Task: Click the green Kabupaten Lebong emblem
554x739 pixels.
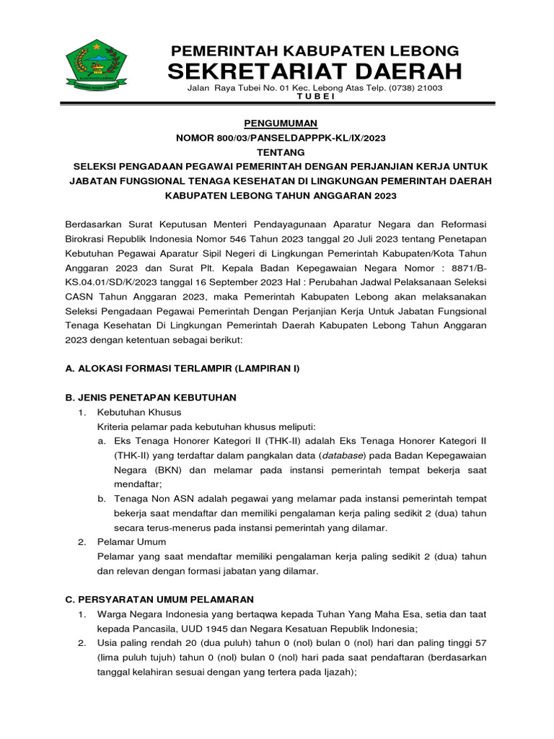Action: click(97, 66)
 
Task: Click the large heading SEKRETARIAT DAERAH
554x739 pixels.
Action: click(314, 71)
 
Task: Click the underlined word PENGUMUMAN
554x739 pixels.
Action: click(277, 123)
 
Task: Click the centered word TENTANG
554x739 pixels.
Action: click(277, 152)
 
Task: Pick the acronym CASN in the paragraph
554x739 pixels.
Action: click(80, 297)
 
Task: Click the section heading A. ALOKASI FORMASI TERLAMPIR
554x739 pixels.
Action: click(182, 368)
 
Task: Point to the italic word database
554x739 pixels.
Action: click(342, 455)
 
